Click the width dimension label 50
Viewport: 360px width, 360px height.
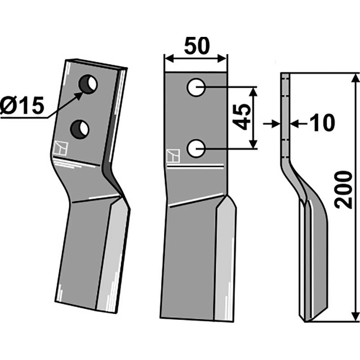[x=197, y=45]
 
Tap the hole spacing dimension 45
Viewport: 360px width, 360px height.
[x=242, y=117]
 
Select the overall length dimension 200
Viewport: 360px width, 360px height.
[x=343, y=189]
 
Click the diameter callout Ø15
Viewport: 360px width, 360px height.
[x=22, y=106]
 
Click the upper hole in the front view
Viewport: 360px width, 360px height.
[x=196, y=87]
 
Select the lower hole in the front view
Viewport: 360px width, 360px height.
[x=196, y=148]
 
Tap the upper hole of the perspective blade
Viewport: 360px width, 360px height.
[x=88, y=84]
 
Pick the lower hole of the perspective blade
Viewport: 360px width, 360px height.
[x=80, y=129]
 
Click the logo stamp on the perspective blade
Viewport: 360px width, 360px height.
[x=61, y=148]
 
